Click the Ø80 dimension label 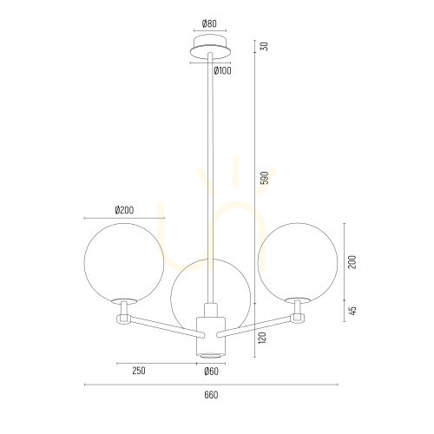tap(209, 23)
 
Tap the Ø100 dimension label tap(222, 70)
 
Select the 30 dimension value tap(265, 46)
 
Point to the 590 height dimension tap(265, 178)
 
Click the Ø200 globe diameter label tap(124, 210)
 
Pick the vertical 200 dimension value tap(352, 262)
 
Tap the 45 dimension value tap(352, 311)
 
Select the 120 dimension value tap(262, 338)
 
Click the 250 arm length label tap(139, 371)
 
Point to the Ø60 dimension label tap(211, 371)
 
